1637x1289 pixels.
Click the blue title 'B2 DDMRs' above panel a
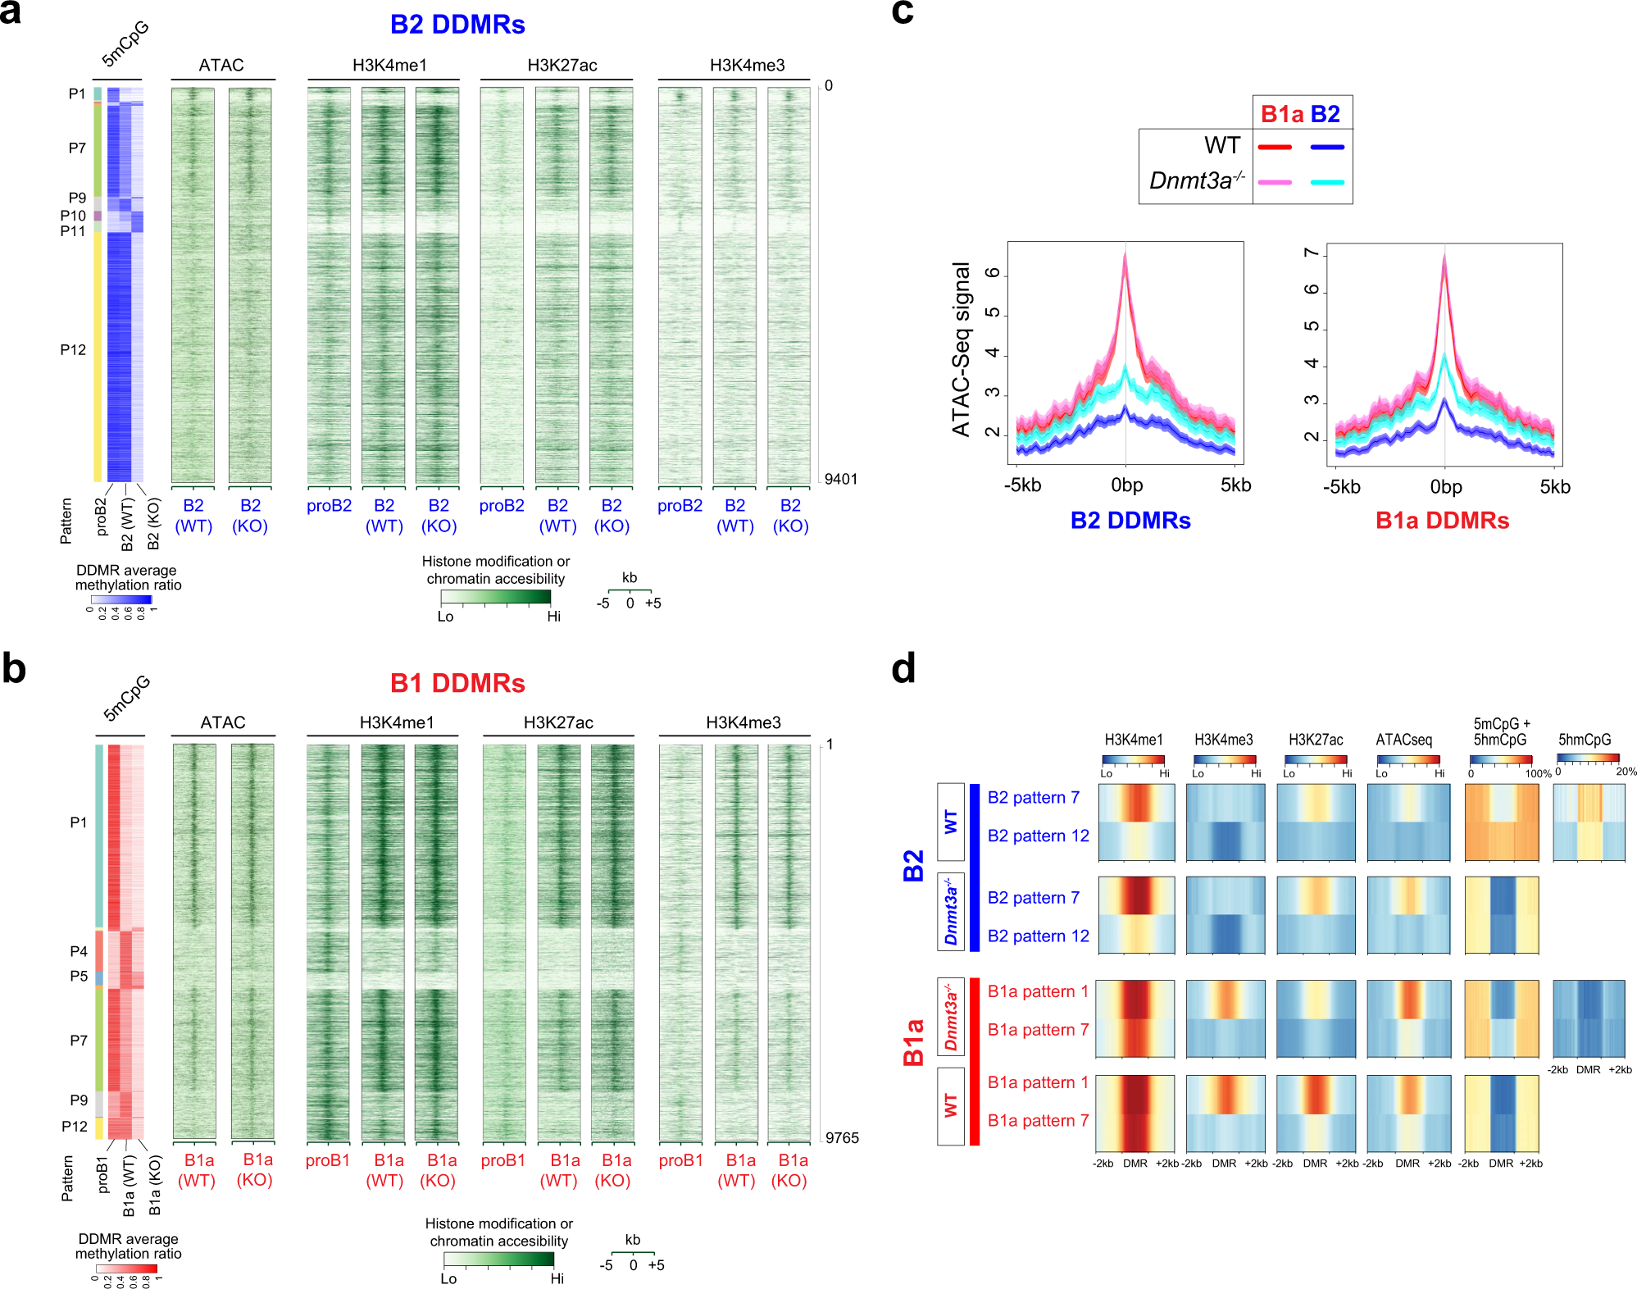457,25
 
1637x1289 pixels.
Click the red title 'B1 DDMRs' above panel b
457,683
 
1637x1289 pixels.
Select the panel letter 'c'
902,12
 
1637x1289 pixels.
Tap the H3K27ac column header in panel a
562,66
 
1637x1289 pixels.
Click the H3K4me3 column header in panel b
743,722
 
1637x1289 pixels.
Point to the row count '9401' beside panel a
840,479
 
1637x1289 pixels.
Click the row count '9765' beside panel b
841,1137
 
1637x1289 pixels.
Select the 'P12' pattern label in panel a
73,350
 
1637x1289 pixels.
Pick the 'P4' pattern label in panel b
79,951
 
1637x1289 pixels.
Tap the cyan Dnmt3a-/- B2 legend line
1327,182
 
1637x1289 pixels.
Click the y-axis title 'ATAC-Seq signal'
961,349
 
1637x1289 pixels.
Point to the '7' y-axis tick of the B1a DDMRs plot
1312,253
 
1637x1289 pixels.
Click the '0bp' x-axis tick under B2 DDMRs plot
1126,485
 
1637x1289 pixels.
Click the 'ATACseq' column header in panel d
1403,740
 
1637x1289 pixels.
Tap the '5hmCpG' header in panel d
1584,740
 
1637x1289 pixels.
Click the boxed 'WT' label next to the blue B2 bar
950,822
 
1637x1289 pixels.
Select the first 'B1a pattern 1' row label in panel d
1037,991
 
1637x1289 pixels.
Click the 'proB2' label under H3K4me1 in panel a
329,506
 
